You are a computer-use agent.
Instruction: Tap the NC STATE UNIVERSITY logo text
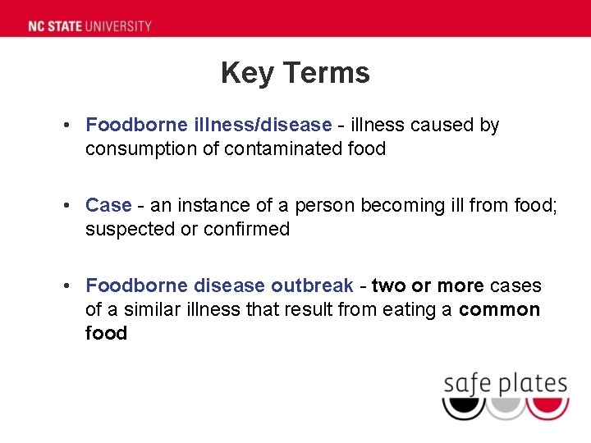pyautogui.click(x=89, y=25)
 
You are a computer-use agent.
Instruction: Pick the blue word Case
pyautogui.click(x=108, y=206)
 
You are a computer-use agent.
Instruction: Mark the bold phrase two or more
pyautogui.click(x=428, y=286)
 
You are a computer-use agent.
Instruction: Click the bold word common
pyautogui.click(x=499, y=310)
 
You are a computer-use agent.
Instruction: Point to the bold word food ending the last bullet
pyautogui.click(x=106, y=334)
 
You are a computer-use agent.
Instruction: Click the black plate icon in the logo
pyautogui.click(x=463, y=408)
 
